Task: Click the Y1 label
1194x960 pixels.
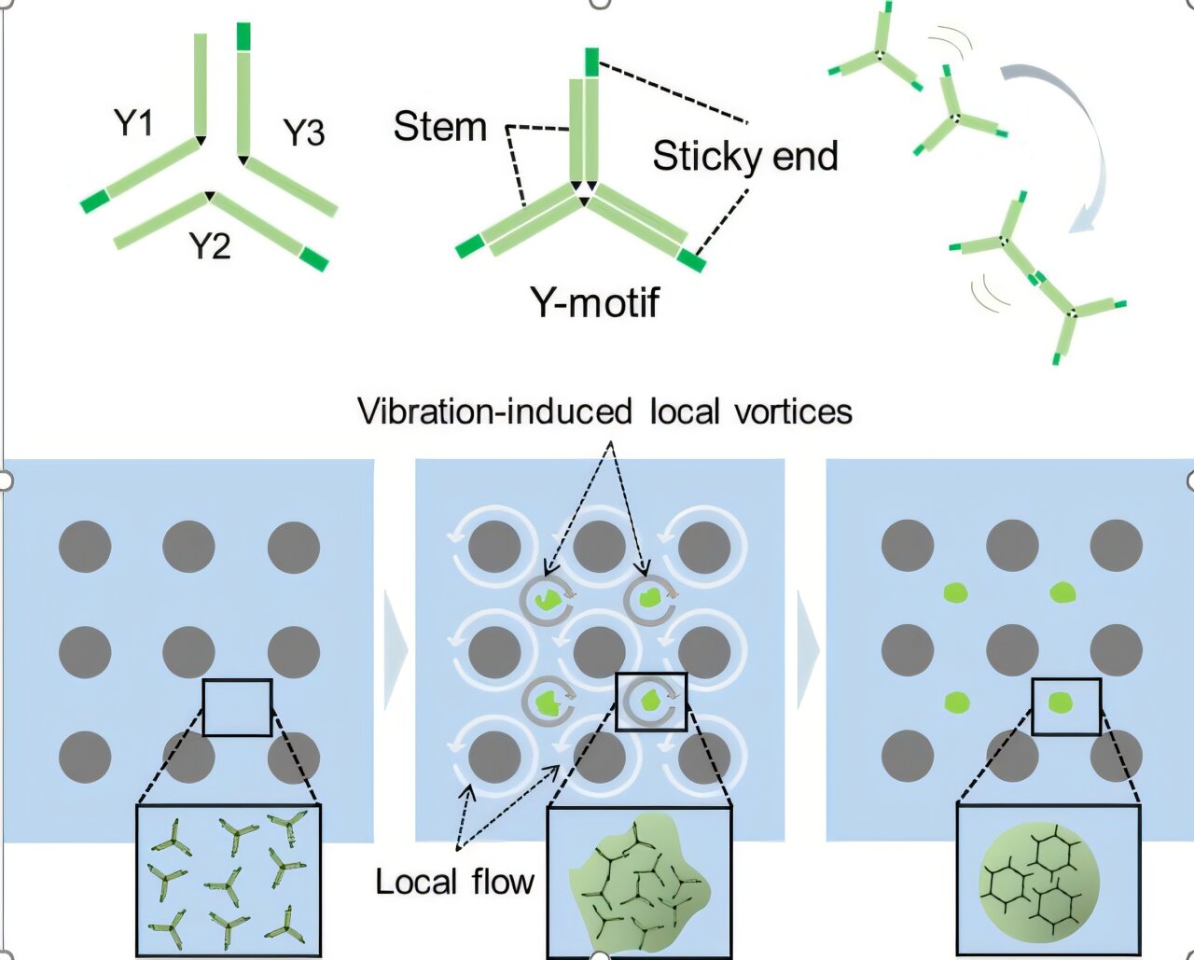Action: point(133,122)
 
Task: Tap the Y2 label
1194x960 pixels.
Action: point(209,245)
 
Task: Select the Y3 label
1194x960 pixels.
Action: point(303,132)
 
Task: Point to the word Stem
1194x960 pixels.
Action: point(440,126)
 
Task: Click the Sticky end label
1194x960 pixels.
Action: point(744,156)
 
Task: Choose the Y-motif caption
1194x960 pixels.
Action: point(594,301)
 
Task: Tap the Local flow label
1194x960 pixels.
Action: point(454,882)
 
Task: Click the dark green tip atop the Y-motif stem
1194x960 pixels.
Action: point(591,63)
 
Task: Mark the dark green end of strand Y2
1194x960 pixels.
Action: point(313,258)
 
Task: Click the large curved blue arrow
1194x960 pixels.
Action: point(1073,140)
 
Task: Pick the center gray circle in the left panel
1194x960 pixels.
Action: point(188,651)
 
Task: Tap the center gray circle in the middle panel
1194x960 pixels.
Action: point(599,651)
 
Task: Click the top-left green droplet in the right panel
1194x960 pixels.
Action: point(955,591)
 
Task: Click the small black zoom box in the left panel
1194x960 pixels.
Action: point(237,707)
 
